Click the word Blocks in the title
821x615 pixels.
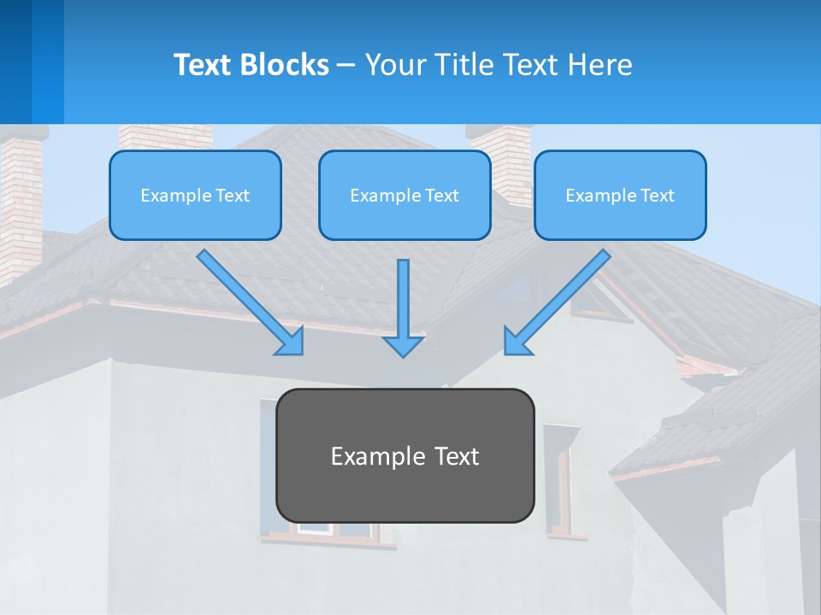pyautogui.click(x=286, y=65)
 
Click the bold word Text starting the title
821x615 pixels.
pyautogui.click(x=206, y=65)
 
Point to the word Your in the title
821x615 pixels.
pyautogui.click(x=397, y=65)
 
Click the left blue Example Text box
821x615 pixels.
pyautogui.click(x=195, y=195)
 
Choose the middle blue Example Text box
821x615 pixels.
pyautogui.click(x=405, y=195)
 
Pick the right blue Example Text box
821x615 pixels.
pyautogui.click(x=620, y=195)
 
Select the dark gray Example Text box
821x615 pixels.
pyautogui.click(x=405, y=455)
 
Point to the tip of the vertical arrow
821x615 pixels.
pyautogui.click(x=403, y=354)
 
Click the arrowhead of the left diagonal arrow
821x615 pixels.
pyautogui.click(x=292, y=343)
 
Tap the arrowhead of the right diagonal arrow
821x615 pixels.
pyautogui.click(x=515, y=343)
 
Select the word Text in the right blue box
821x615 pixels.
pyautogui.click(x=656, y=196)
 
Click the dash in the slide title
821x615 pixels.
pyautogui.click(x=347, y=65)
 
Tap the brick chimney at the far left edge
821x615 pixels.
pyautogui.click(x=19, y=205)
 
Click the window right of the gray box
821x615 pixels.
pyautogui.click(x=561, y=478)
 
